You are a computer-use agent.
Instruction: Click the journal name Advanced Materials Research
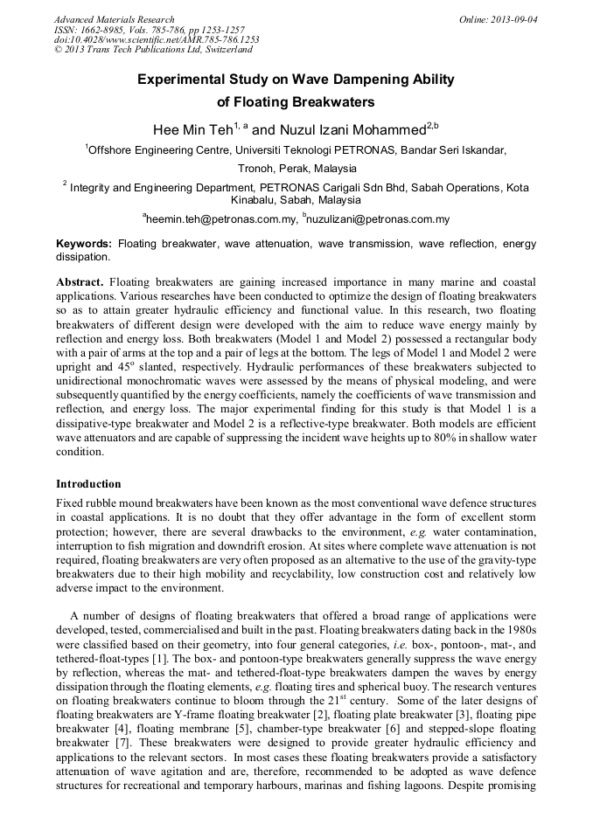tap(114, 19)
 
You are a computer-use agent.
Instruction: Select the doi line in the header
tap(157, 39)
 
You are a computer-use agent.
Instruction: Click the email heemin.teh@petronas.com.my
tap(220, 220)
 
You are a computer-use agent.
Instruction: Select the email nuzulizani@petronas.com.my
tap(379, 220)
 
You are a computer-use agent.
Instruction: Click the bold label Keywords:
tap(84, 244)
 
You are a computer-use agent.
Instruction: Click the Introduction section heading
tap(88, 483)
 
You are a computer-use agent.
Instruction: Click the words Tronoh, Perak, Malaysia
tap(297, 168)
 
